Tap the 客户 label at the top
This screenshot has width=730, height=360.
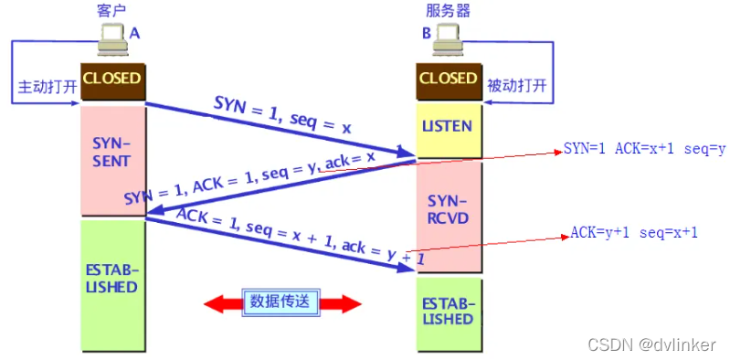pyautogui.click(x=111, y=10)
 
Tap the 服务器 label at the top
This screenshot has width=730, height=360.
pyautogui.click(x=447, y=10)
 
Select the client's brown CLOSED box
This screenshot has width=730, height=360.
pyautogui.click(x=112, y=79)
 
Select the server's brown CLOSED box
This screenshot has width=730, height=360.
pyautogui.click(x=448, y=79)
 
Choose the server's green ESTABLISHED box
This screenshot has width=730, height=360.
pyautogui.click(x=448, y=311)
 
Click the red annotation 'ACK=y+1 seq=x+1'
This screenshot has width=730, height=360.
pyautogui.click(x=634, y=232)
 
